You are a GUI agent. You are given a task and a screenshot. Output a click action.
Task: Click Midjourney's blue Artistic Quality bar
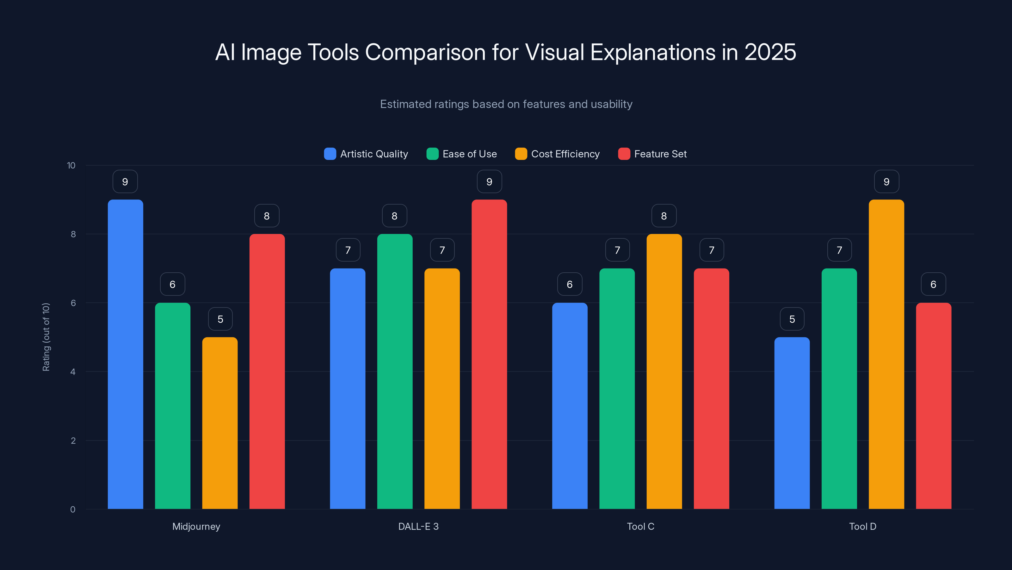pyautogui.click(x=125, y=354)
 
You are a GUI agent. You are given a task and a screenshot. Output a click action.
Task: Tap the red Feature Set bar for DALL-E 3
pyautogui.click(x=489, y=354)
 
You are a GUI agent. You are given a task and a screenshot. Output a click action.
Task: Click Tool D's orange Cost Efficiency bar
pyautogui.click(x=886, y=354)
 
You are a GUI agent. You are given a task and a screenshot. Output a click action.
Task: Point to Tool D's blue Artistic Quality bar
pyautogui.click(x=792, y=423)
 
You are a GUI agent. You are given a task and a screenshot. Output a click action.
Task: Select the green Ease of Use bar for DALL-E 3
pyautogui.click(x=395, y=371)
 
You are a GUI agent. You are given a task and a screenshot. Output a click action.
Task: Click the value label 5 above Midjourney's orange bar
pyautogui.click(x=220, y=319)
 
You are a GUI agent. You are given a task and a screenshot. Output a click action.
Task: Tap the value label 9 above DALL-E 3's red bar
pyautogui.click(x=489, y=182)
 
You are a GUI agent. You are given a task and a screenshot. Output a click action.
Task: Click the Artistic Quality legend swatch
pyautogui.click(x=330, y=154)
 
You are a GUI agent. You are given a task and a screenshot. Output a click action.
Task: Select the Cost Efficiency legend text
pyautogui.click(x=565, y=154)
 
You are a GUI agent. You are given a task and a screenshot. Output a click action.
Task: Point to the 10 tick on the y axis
pyautogui.click(x=71, y=165)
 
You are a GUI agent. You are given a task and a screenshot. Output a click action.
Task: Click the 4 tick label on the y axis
pyautogui.click(x=73, y=372)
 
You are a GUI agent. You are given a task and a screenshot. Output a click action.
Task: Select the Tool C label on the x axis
pyautogui.click(x=640, y=526)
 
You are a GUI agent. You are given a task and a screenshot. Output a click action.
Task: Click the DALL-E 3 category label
pyautogui.click(x=418, y=526)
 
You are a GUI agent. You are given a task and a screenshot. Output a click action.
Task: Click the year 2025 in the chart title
pyautogui.click(x=770, y=52)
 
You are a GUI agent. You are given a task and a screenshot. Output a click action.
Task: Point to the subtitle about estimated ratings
pyautogui.click(x=506, y=104)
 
